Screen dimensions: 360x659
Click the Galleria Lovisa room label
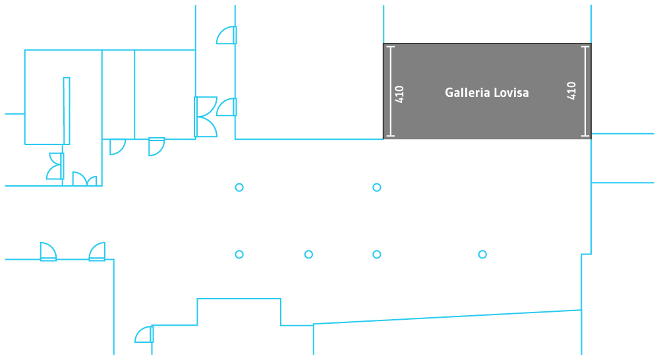click(x=486, y=93)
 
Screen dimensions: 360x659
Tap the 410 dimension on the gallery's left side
click(x=399, y=94)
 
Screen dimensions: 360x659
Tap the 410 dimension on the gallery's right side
click(x=571, y=91)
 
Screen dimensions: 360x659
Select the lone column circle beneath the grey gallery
click(x=482, y=255)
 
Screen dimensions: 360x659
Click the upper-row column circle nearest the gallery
click(x=377, y=187)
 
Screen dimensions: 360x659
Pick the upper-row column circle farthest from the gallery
click(x=239, y=187)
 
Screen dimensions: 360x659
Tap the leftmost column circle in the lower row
click(x=239, y=255)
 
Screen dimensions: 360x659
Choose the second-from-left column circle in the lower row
click(x=308, y=255)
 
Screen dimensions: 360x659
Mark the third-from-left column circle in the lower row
click(x=377, y=255)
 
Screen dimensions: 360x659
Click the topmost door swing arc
click(x=227, y=36)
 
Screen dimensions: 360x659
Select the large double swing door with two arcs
click(x=206, y=117)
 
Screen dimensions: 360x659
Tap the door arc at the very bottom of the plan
click(x=144, y=335)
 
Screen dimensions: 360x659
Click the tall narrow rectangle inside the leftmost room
click(x=67, y=110)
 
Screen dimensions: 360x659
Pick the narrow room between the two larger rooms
click(x=118, y=94)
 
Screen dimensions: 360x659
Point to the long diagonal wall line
click(x=448, y=317)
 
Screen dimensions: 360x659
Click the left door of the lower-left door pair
click(x=48, y=252)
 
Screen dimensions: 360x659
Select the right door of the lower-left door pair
click(x=97, y=252)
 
